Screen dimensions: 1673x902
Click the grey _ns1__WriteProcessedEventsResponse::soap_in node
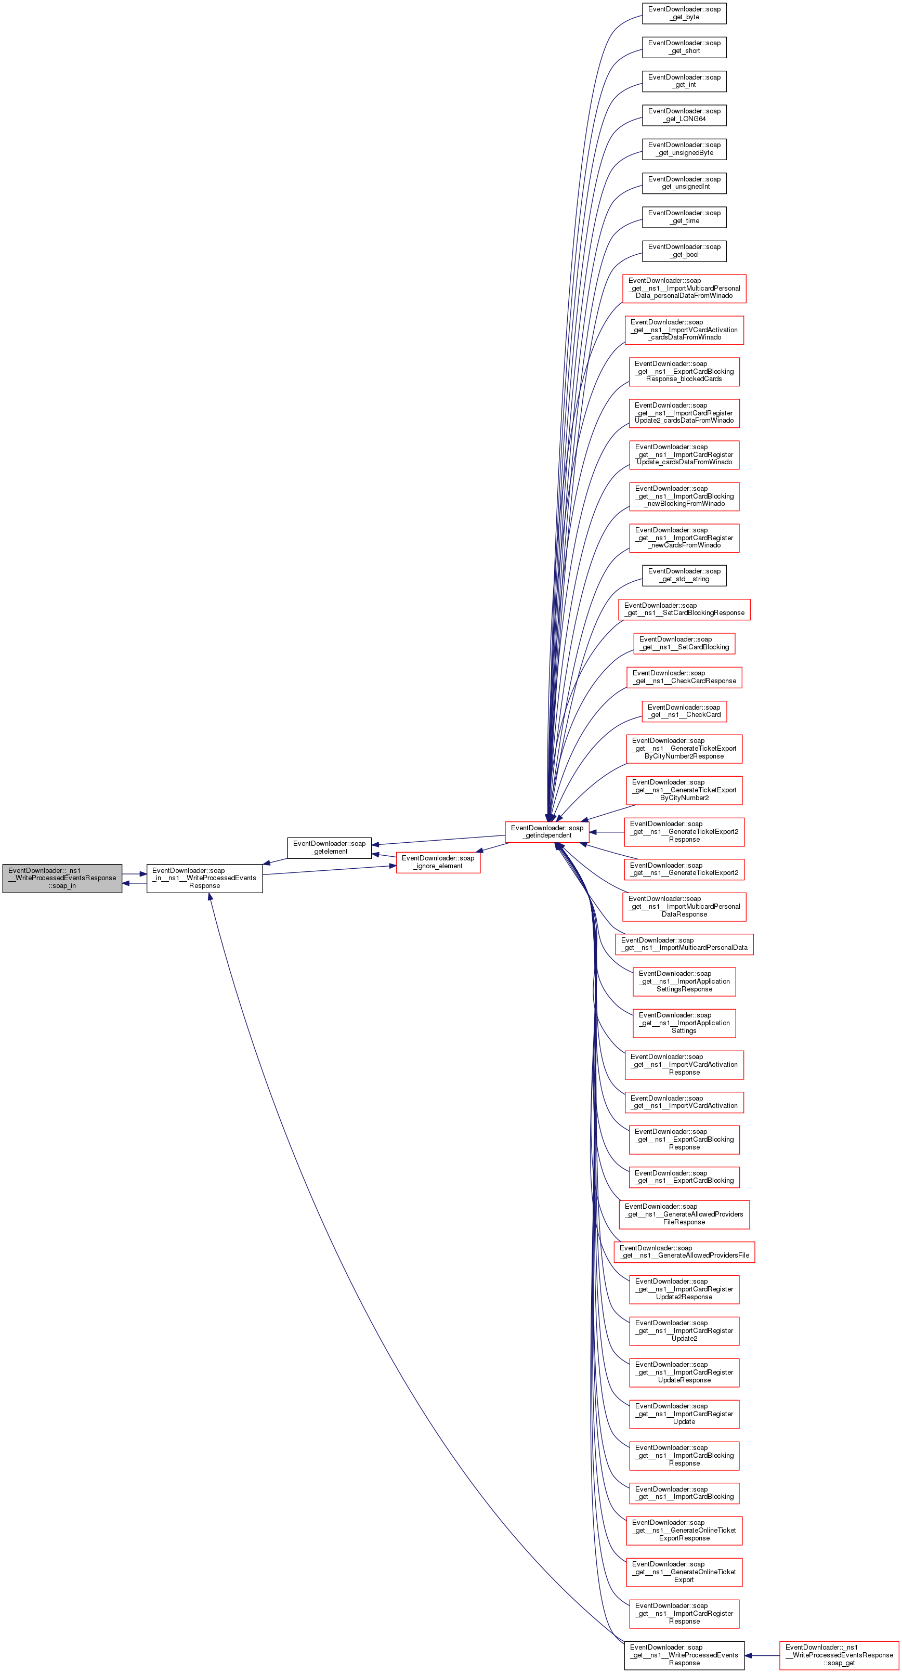point(62,878)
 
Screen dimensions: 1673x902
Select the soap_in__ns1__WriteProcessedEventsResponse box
point(204,878)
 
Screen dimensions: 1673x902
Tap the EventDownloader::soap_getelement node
point(329,847)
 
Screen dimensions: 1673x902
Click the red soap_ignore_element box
point(438,862)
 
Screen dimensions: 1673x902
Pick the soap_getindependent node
point(547,831)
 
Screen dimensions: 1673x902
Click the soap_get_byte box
point(684,13)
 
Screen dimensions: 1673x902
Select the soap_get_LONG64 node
point(684,115)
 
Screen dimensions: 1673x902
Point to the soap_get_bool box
point(684,251)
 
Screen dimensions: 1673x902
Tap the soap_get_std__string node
point(684,576)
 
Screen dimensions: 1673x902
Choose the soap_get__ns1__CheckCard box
point(684,711)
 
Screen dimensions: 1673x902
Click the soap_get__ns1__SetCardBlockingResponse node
point(684,609)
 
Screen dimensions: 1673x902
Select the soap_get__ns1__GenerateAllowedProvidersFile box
point(684,1251)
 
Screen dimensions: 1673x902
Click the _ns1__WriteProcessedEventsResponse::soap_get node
point(839,1655)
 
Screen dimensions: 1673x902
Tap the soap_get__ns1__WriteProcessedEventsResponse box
point(684,1655)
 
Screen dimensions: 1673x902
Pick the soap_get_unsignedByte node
point(684,149)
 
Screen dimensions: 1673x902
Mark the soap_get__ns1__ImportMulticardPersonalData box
point(684,944)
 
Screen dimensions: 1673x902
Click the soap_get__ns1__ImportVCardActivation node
point(684,1102)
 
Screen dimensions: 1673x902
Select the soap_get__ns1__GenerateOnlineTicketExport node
point(684,1572)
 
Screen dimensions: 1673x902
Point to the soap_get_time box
point(684,217)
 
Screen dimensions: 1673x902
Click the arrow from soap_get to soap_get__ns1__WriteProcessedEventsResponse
point(762,1655)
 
